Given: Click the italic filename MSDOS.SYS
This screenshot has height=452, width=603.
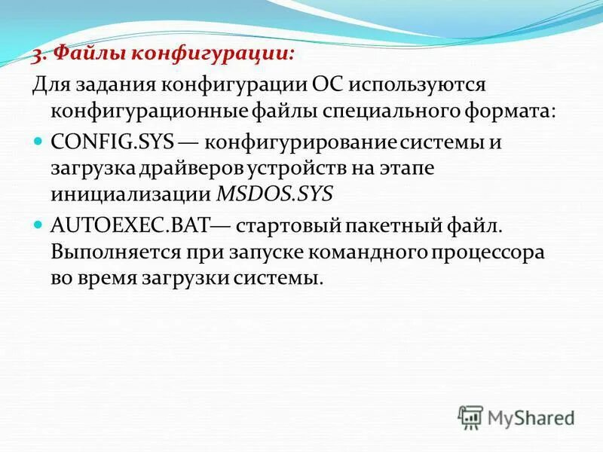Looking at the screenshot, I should click(274, 194).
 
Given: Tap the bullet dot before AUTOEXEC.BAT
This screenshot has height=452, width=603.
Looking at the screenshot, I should click(40, 224).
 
